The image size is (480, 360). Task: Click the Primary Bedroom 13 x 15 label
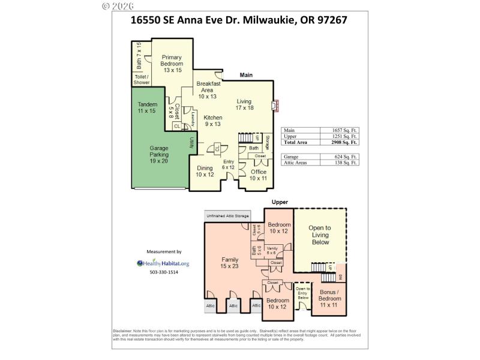pos(172,63)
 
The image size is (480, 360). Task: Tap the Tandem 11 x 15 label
pos(147,107)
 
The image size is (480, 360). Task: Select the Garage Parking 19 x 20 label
pos(159,154)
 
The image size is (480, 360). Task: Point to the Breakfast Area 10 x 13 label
pos(208,90)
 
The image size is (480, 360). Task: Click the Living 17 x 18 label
pos(244,104)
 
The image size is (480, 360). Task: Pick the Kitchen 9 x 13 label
pos(213,121)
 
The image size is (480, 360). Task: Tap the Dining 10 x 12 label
pos(205,172)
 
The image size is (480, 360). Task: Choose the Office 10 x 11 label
pos(259,175)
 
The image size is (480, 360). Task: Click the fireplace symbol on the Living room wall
pos(275,106)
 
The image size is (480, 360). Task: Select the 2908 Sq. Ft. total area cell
pos(344,143)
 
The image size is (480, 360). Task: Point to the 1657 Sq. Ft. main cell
pos(344,130)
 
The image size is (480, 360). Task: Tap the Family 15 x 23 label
pos(230,263)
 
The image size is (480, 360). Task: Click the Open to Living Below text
pos(319,236)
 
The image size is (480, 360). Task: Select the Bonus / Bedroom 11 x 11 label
pos(329,298)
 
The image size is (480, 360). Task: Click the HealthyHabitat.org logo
pos(163,263)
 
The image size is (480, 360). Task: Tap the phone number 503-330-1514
pos(164,272)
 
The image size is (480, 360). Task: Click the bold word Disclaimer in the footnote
pos(124,331)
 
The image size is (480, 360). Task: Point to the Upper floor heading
pos(280,202)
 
